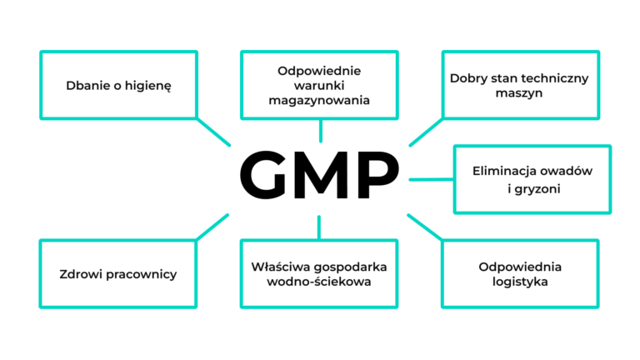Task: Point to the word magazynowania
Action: (320, 101)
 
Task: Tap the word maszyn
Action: (519, 93)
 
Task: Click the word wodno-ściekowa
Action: (320, 282)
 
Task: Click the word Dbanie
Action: (86, 85)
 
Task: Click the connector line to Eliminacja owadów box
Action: (428, 178)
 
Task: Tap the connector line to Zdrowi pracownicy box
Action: (212, 226)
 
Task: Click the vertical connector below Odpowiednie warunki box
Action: (320, 130)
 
